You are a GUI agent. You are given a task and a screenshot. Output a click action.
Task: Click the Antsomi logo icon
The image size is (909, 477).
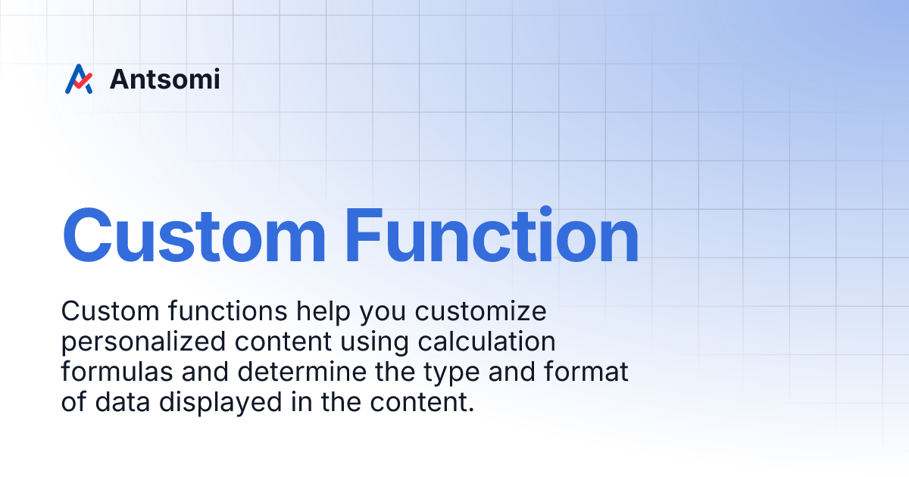pyautogui.click(x=78, y=79)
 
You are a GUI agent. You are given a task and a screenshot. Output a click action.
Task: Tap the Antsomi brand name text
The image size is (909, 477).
pyautogui.click(x=164, y=79)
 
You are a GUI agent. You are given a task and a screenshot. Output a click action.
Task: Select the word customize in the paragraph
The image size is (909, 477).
pyautogui.click(x=479, y=311)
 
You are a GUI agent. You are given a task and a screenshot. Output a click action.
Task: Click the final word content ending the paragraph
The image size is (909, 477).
pyautogui.click(x=424, y=402)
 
